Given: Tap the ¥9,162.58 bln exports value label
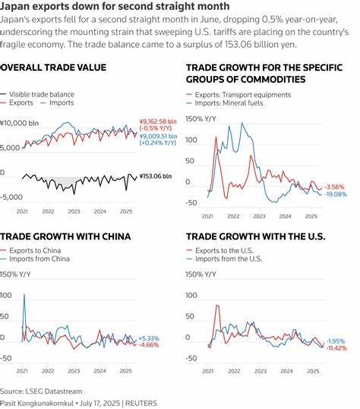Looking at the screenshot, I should coord(159,122).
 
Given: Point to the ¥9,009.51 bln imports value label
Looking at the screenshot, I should coord(159,138).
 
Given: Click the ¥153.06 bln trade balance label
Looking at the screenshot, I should coord(156,176).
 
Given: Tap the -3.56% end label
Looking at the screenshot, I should coord(334,186).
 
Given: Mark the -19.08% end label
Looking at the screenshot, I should coord(336,195).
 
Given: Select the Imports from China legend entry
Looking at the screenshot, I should coord(46,258).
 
